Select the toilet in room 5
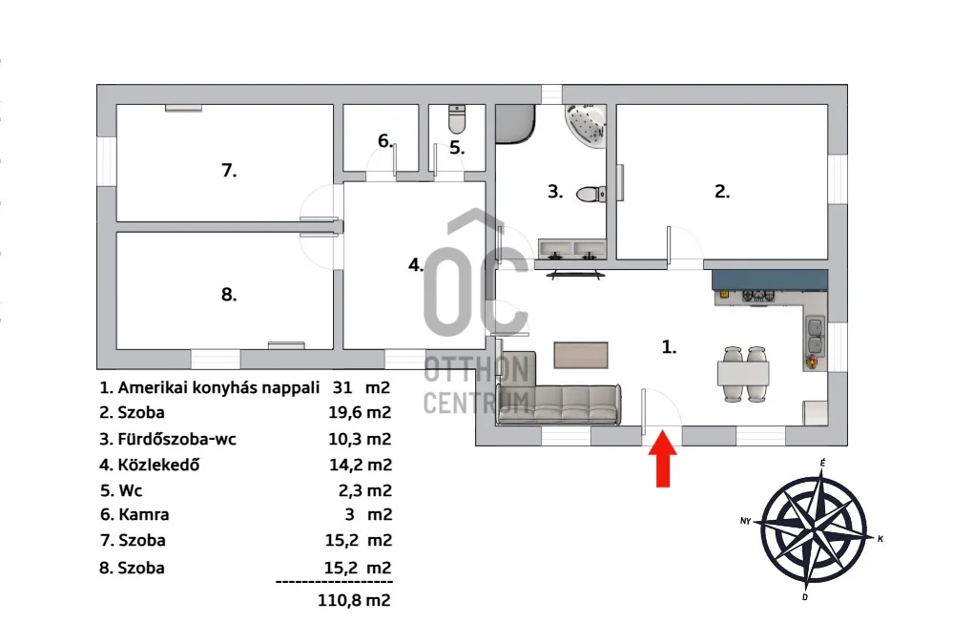click(x=457, y=119)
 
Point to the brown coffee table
click(x=581, y=355)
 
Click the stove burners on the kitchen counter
click(x=758, y=296)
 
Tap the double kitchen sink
click(x=815, y=336)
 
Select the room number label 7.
click(x=229, y=170)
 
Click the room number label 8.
click(x=229, y=295)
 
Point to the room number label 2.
click(x=722, y=192)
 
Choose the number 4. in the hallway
click(x=416, y=265)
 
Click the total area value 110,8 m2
click(x=354, y=601)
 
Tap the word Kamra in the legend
click(x=144, y=515)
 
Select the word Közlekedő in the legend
click(x=158, y=466)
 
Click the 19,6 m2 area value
click(x=360, y=413)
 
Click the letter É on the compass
click(x=822, y=464)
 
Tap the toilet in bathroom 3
click(x=590, y=194)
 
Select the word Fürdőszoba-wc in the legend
click(x=176, y=439)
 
